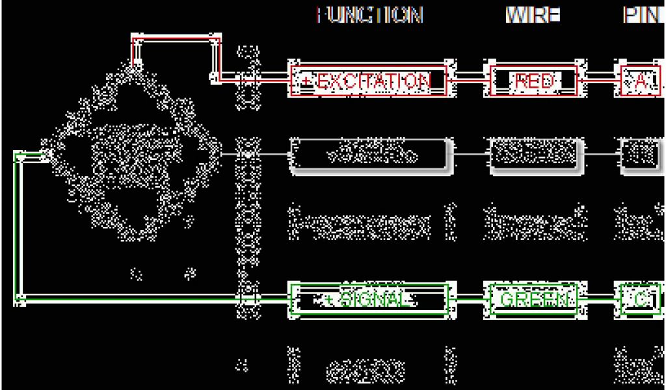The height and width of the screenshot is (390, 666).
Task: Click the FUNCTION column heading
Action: (369, 15)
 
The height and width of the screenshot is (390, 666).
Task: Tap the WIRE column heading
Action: (533, 15)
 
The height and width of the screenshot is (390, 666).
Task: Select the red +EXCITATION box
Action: (368, 81)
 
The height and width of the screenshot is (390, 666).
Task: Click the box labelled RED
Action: (534, 81)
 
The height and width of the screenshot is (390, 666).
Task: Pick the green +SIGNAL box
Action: (369, 299)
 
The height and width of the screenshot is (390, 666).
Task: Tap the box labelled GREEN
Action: (534, 299)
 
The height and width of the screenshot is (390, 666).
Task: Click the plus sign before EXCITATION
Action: (306, 81)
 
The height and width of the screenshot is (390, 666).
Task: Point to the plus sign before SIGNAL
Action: (329, 300)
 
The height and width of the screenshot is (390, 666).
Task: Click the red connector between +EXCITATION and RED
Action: (467, 81)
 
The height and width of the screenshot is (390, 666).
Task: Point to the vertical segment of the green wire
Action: (19, 227)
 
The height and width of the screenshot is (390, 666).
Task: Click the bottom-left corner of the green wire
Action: (20, 299)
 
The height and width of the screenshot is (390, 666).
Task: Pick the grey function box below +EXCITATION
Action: (368, 155)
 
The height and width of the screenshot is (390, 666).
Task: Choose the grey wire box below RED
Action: (534, 155)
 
